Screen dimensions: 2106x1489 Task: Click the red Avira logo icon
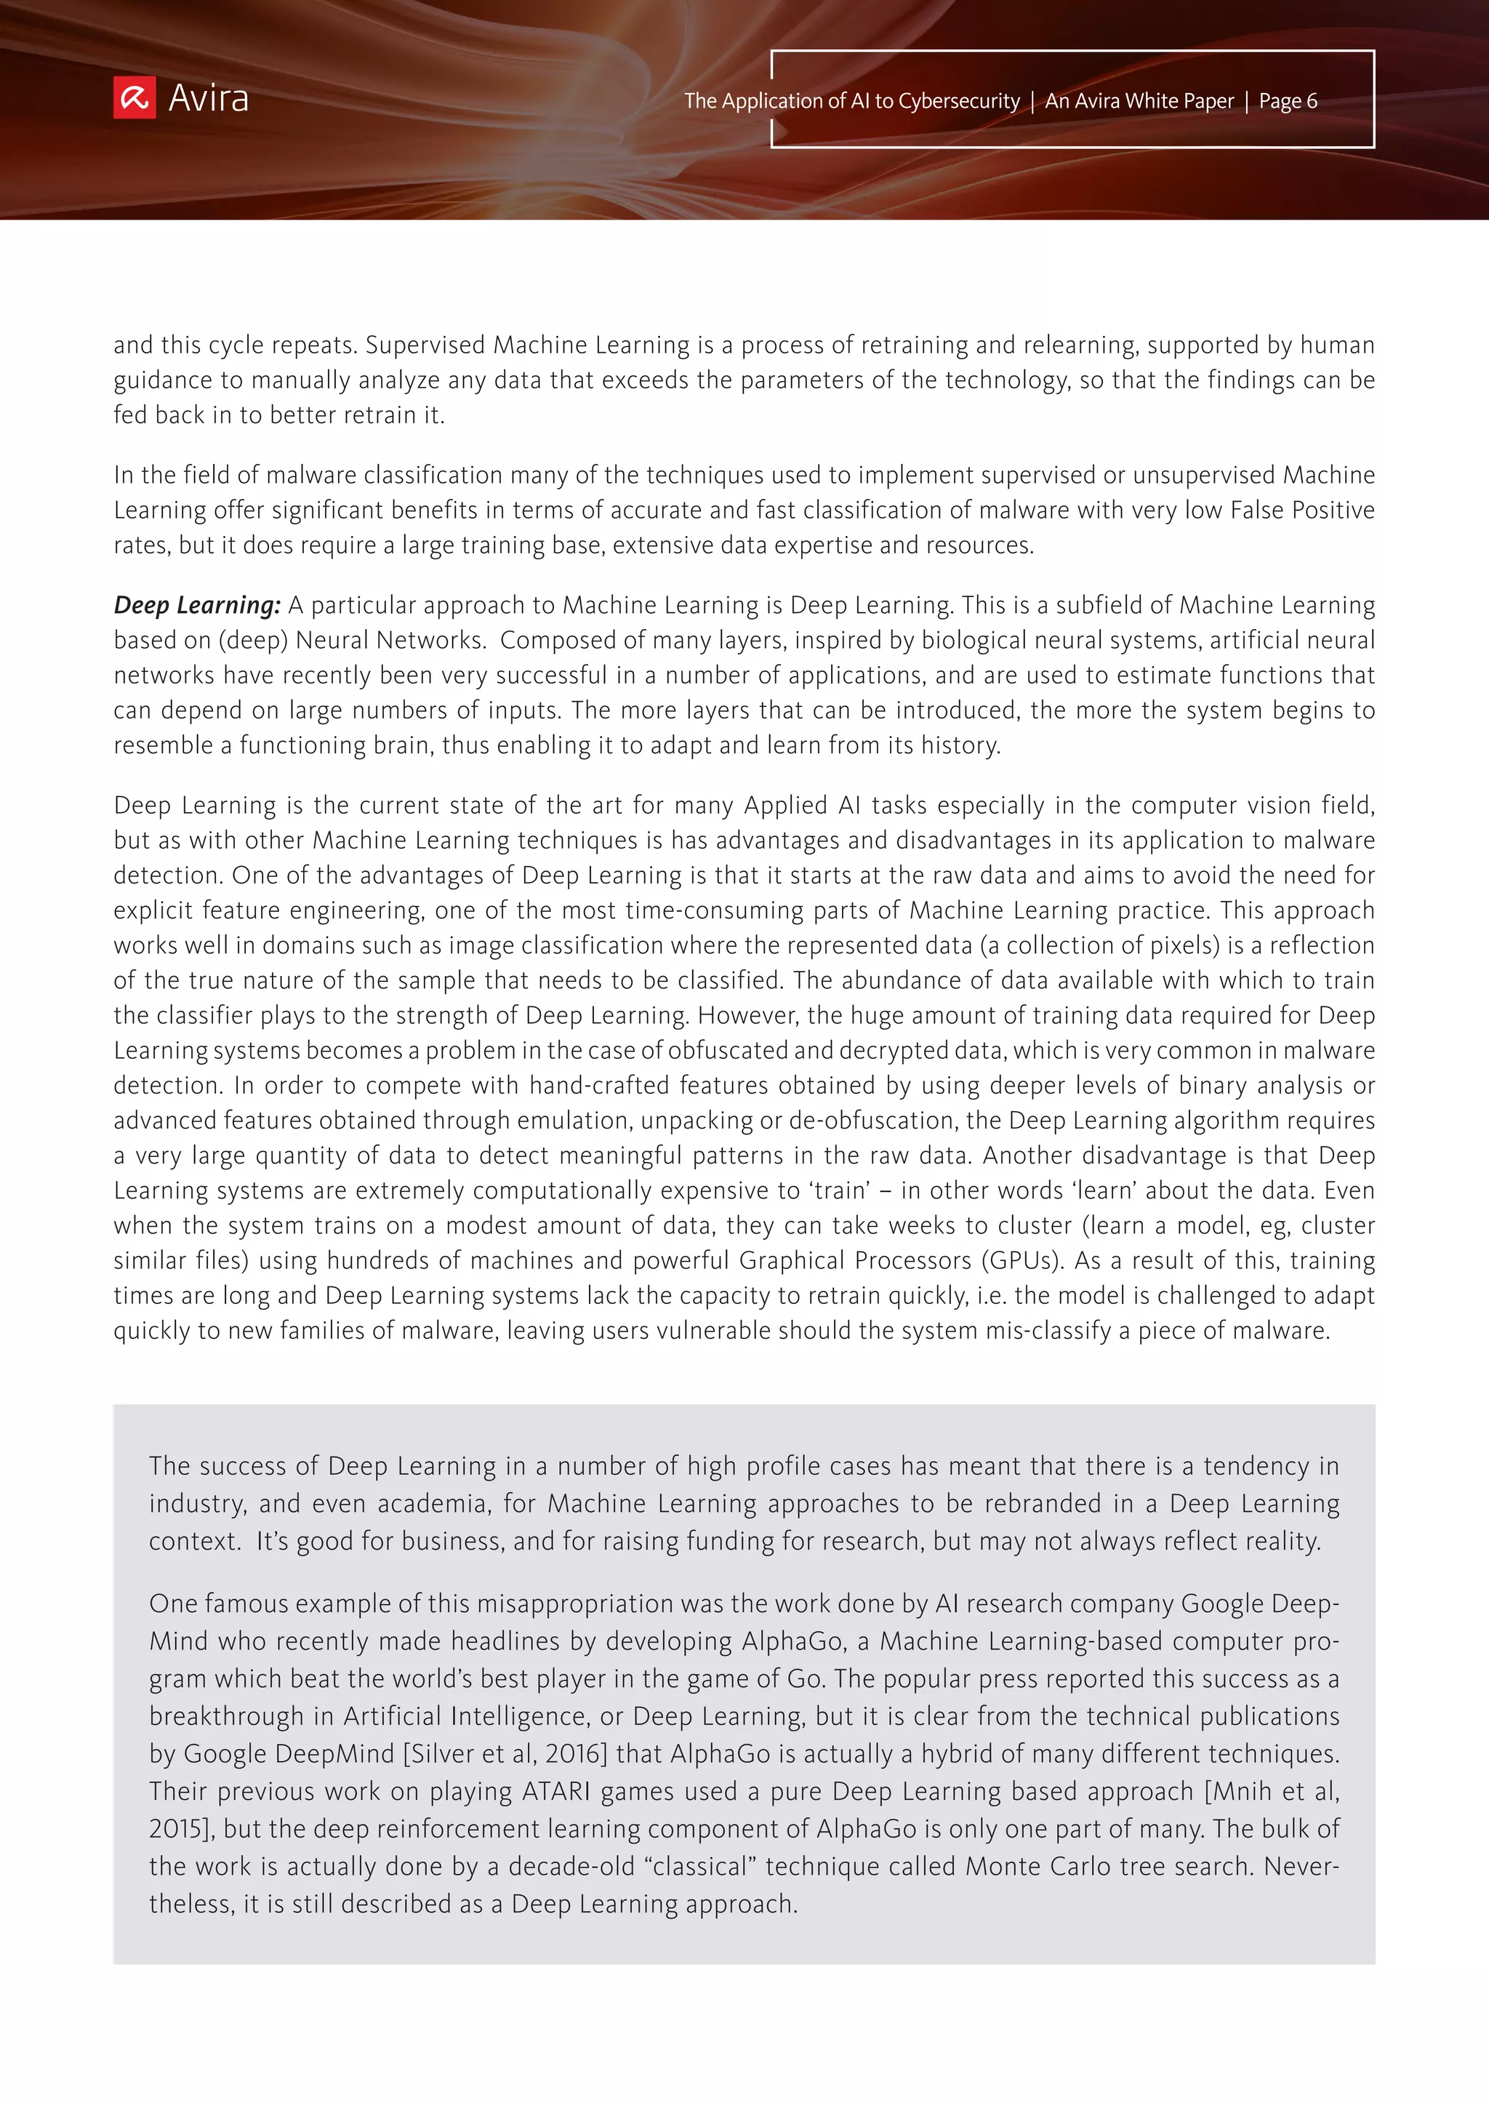(134, 98)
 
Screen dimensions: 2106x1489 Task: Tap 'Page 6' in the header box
(1288, 101)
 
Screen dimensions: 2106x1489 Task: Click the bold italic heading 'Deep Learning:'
(197, 605)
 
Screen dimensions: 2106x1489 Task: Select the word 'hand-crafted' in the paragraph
(598, 1085)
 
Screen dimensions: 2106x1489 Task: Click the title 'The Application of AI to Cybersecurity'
(851, 101)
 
